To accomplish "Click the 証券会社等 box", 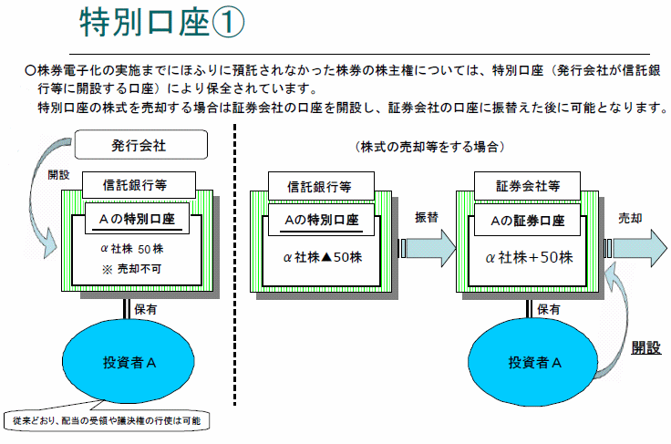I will click(x=529, y=185).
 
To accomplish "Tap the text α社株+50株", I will click(x=529, y=257).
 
